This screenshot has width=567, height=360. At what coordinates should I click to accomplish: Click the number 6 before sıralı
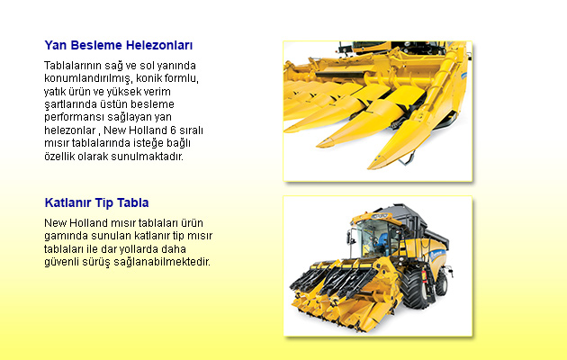(173, 130)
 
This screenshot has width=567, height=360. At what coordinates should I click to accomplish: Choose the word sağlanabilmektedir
(162, 262)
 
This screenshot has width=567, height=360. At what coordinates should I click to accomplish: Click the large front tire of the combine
(414, 288)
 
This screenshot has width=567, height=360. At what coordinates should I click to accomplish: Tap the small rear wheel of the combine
(442, 283)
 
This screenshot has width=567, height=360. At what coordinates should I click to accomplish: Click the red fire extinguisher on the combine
(424, 277)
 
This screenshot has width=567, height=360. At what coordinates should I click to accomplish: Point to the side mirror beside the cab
(349, 236)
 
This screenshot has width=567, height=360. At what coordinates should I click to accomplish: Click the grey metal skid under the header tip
(407, 158)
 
